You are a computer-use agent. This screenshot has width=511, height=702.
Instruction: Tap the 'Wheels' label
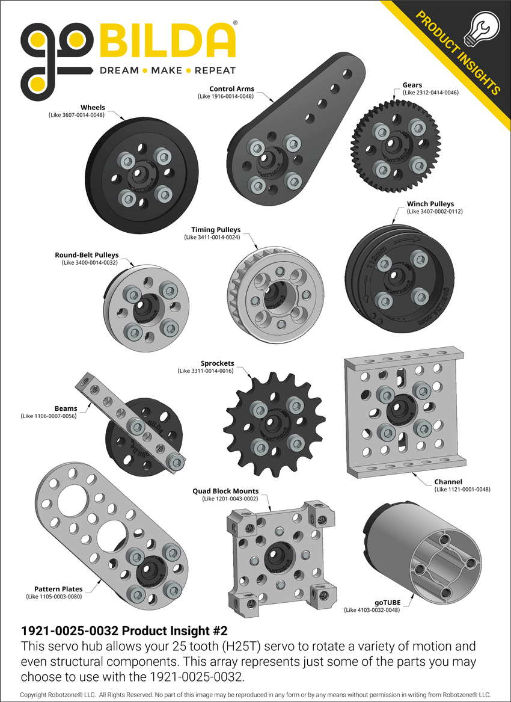tap(93, 108)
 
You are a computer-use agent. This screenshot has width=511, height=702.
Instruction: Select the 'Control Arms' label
tap(231, 89)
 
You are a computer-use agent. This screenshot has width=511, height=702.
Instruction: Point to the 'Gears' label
tap(412, 85)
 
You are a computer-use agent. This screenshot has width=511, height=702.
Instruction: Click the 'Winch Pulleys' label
tap(430, 204)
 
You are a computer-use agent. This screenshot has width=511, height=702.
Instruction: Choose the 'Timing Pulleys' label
tap(216, 230)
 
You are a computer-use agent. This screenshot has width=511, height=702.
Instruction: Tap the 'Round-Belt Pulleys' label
tap(87, 255)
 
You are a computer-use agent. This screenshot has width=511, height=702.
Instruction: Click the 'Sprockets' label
tap(217, 363)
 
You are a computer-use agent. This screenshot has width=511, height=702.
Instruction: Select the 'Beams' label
tap(66, 408)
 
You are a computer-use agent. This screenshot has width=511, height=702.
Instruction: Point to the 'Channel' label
tap(448, 482)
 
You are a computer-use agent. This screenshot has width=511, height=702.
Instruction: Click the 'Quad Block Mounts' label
tap(225, 491)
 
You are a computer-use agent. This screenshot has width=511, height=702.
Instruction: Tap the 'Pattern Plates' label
tap(58, 589)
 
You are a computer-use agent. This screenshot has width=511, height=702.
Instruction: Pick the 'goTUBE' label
tap(387, 602)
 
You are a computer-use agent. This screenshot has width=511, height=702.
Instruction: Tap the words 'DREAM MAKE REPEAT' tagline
tap(167, 70)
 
